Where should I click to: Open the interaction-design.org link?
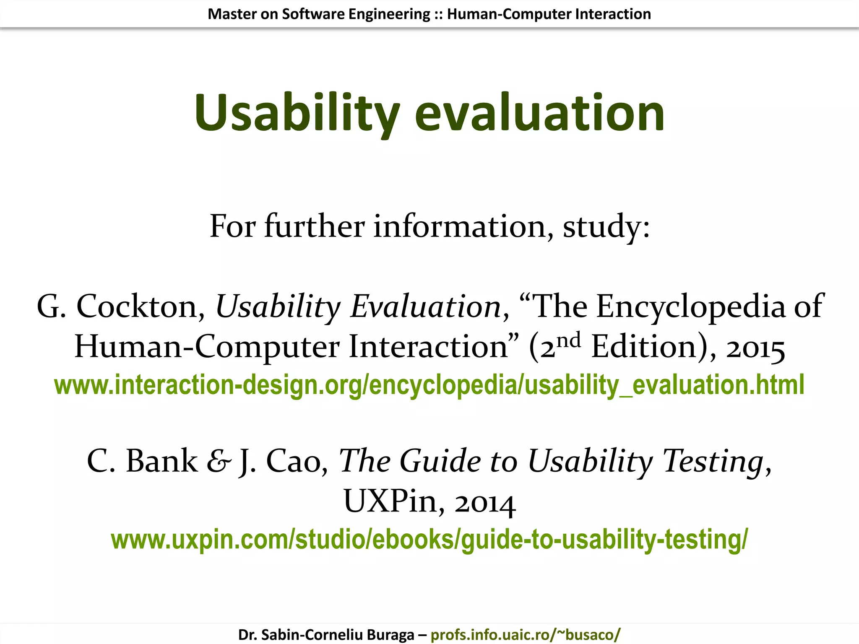(429, 385)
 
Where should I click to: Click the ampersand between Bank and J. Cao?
(219, 461)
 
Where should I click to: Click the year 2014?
(485, 502)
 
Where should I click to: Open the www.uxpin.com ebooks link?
(429, 540)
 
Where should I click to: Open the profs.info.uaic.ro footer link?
(525, 635)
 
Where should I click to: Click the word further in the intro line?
(314, 226)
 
